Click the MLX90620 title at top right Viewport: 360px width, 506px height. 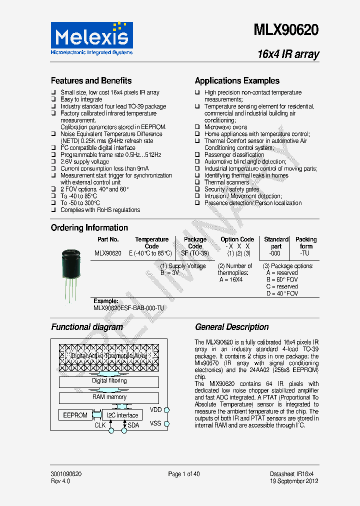286,30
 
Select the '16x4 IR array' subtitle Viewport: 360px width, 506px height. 288,54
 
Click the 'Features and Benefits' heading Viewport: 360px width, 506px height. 91,80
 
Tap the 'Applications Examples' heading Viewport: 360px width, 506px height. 237,80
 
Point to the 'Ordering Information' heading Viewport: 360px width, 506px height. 89,227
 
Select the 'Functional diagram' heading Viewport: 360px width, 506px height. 87,327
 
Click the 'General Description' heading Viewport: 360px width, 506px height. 231,327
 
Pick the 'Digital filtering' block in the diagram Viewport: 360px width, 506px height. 109,381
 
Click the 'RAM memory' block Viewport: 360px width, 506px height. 109,398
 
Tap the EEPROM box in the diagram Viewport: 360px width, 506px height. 75,415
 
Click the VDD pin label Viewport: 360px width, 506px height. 156,409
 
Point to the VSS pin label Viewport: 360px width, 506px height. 156,423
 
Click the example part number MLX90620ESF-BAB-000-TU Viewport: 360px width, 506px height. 128,308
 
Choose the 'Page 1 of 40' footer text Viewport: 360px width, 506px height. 183,474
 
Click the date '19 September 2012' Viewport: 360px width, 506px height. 294,481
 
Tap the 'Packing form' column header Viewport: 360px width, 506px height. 306,242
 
